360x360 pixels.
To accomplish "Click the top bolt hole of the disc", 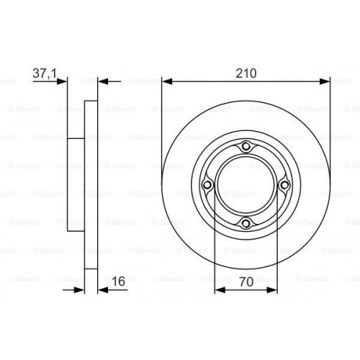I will coord(246,148).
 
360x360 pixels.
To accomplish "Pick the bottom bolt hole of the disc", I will coord(246,223).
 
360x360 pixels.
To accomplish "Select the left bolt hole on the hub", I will coord(208,186).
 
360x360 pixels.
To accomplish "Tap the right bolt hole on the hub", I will coord(284,186).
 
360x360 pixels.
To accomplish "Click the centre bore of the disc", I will coord(246,186).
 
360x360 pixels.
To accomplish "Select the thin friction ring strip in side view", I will coord(90,186).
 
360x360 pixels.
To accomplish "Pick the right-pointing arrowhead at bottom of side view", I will coord(80,288).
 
